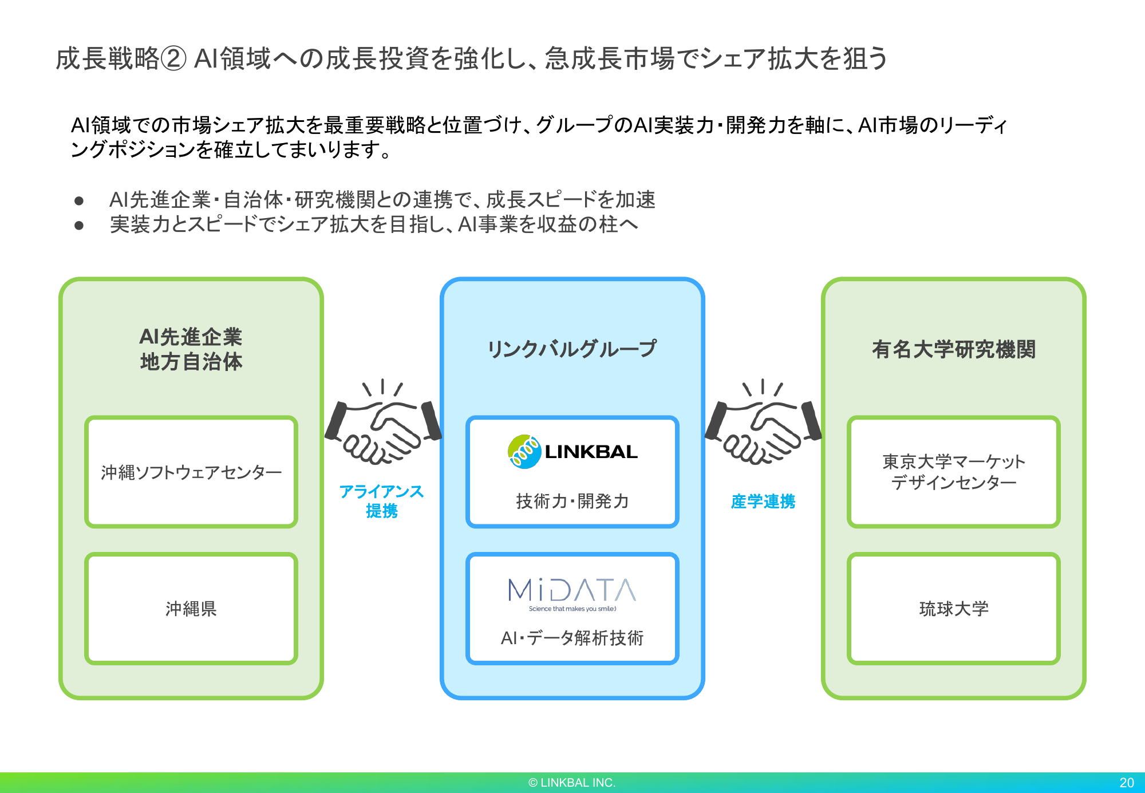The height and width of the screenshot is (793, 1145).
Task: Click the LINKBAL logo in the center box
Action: pyautogui.click(x=572, y=452)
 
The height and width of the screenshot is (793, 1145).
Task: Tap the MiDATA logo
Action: pyautogui.click(x=572, y=590)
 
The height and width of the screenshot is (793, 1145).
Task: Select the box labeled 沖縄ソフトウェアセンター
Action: pyautogui.click(x=191, y=472)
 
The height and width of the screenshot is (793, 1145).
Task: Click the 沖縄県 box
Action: pyautogui.click(x=191, y=608)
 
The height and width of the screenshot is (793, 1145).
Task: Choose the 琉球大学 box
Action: pyautogui.click(x=954, y=608)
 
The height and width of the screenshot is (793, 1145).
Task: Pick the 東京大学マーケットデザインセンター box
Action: pyautogui.click(x=954, y=472)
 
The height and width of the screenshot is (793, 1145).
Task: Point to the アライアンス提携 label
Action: pyautogui.click(x=381, y=501)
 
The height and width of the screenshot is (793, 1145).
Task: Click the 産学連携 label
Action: pyautogui.click(x=763, y=502)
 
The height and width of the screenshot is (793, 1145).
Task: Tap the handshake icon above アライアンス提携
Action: pyautogui.click(x=382, y=424)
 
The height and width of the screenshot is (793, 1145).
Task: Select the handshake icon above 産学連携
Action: pyautogui.click(x=763, y=424)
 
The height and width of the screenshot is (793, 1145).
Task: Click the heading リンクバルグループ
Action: pyautogui.click(x=572, y=349)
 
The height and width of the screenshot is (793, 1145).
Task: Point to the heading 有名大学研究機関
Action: pyautogui.click(x=954, y=349)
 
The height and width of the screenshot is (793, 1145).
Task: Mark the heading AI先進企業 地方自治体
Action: pyautogui.click(x=191, y=349)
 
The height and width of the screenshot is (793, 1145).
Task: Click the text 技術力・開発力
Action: pyautogui.click(x=572, y=501)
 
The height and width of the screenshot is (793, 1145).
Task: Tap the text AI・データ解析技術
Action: pyautogui.click(x=572, y=637)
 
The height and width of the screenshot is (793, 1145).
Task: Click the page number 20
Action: pyautogui.click(x=1126, y=783)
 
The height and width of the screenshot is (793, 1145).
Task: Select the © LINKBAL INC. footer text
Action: pyautogui.click(x=572, y=783)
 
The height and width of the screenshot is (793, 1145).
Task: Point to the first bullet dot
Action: pyautogui.click(x=79, y=200)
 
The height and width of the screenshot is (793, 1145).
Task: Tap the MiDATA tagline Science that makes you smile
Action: pyautogui.click(x=572, y=609)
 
